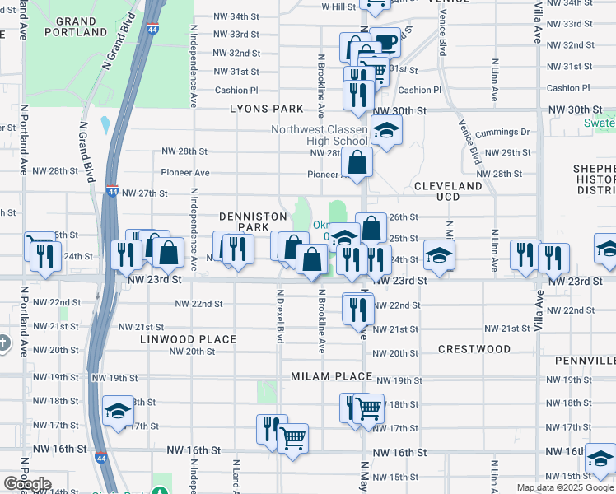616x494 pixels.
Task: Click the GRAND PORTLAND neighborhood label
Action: [x=77, y=26]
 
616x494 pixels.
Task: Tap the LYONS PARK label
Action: [x=266, y=109]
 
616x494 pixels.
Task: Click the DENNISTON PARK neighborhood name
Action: [x=253, y=221]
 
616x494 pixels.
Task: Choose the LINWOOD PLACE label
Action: [x=188, y=339]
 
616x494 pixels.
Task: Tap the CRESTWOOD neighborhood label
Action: [x=474, y=349]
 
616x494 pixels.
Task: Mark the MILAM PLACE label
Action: [x=327, y=376]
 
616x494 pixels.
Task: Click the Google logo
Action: [x=27, y=484]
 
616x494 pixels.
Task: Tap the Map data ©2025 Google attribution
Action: [x=566, y=487]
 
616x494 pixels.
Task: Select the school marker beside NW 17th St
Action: [x=118, y=410]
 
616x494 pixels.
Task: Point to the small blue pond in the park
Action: [x=105, y=126]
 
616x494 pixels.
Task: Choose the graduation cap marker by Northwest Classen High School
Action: [x=385, y=130]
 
